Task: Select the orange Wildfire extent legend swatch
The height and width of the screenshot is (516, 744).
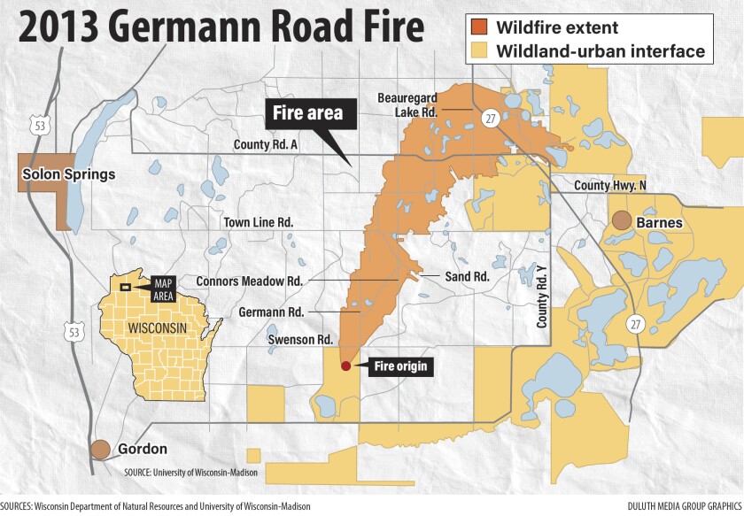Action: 479,27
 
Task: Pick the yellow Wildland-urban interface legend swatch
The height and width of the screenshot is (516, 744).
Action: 479,51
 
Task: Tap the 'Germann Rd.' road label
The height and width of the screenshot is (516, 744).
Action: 271,312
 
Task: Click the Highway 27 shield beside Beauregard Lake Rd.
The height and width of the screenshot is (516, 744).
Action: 489,118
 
